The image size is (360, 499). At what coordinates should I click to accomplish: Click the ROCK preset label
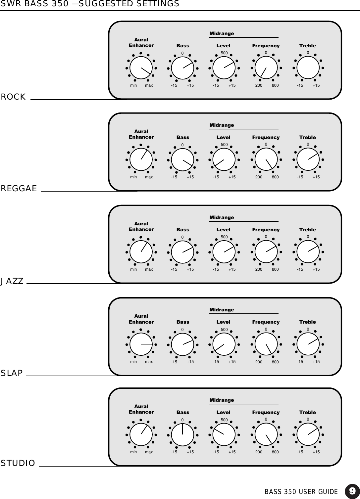tap(13, 97)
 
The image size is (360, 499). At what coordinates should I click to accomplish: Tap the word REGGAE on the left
tap(19, 189)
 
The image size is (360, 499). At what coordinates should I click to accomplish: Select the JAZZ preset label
tap(12, 281)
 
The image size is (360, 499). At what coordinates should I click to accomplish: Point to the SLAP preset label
tap(12, 373)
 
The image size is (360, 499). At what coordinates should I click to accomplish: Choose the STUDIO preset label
tap(18, 463)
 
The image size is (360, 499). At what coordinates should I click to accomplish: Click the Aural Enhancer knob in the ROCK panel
tap(141, 68)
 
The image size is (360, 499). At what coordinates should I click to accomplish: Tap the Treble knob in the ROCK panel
tap(308, 68)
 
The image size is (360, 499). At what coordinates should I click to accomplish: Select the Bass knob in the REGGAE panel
tap(182, 159)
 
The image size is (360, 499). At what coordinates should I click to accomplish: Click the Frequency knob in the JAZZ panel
tap(266, 252)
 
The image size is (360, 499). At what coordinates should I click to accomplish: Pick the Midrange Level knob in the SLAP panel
tap(224, 344)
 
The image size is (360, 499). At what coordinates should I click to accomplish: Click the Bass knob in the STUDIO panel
tap(182, 434)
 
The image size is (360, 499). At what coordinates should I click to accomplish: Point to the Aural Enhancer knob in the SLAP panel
tap(141, 344)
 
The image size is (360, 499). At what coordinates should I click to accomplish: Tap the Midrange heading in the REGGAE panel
tap(222, 125)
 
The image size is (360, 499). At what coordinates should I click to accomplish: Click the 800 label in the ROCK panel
tap(275, 85)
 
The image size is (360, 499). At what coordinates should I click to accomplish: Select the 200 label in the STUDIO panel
tap(259, 452)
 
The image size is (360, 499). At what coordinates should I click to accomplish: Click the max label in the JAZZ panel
tap(149, 269)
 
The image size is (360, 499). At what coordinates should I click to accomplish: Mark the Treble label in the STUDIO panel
tap(307, 412)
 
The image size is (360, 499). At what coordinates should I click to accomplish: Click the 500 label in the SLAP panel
tap(224, 330)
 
